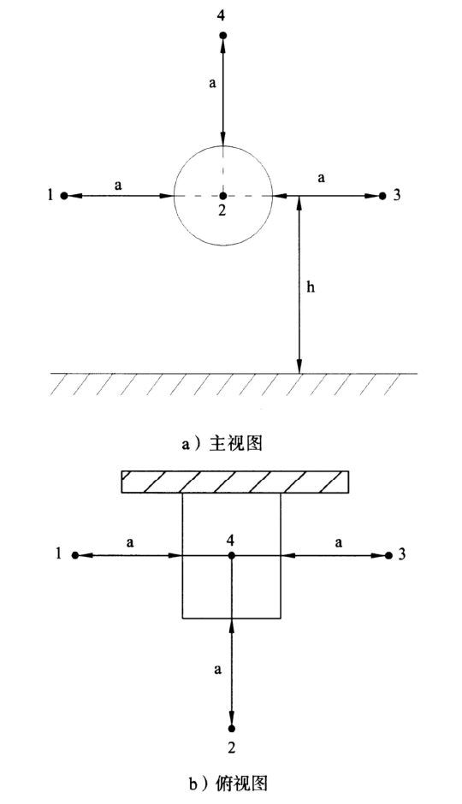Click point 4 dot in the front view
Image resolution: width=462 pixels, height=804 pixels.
point(222,35)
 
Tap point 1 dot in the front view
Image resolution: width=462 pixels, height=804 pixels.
point(64,195)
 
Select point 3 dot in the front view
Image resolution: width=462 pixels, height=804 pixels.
point(382,195)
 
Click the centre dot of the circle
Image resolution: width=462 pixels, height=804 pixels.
point(222,195)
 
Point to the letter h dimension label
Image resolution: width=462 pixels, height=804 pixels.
point(311,287)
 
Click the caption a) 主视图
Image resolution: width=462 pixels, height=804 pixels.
point(222,443)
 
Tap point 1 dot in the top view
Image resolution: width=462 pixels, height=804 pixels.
point(75,555)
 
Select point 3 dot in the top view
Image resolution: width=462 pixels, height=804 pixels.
point(388,555)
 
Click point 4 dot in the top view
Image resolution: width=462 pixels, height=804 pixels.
point(231,555)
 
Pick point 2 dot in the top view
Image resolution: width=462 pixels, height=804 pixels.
point(231,728)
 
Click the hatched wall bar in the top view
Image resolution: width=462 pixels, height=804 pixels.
point(235,482)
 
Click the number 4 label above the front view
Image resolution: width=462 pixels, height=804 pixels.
point(221,15)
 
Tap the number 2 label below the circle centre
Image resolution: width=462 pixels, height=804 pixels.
point(222,210)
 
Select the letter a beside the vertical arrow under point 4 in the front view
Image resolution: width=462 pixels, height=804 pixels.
point(213,83)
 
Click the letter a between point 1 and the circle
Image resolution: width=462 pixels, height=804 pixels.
point(118,186)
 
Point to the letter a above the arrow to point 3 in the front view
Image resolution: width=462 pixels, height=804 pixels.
point(322,178)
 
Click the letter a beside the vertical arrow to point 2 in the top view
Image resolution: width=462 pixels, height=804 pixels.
point(218,669)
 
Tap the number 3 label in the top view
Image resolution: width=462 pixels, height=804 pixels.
point(401,555)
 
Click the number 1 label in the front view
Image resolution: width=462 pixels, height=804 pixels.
point(50,195)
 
